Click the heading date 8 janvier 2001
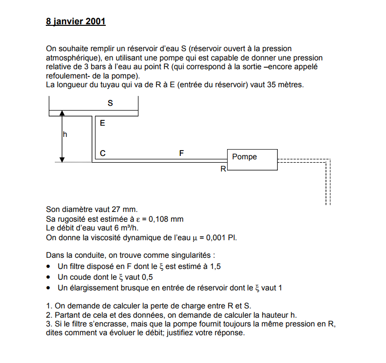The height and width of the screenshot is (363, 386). coord(76,22)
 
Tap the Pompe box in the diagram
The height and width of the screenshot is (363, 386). coord(252,160)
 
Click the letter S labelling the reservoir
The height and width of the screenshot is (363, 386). coord(110,103)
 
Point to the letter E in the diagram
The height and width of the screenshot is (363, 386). coord(102,123)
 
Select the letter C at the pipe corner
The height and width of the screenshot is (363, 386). coord(102,153)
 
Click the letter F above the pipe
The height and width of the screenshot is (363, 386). coord(181,153)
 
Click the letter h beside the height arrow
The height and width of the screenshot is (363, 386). coord(65,134)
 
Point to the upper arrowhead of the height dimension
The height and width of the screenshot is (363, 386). coord(62,114)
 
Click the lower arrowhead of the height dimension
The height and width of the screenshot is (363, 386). coord(62,159)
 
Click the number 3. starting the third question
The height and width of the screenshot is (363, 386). coord(48,325)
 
